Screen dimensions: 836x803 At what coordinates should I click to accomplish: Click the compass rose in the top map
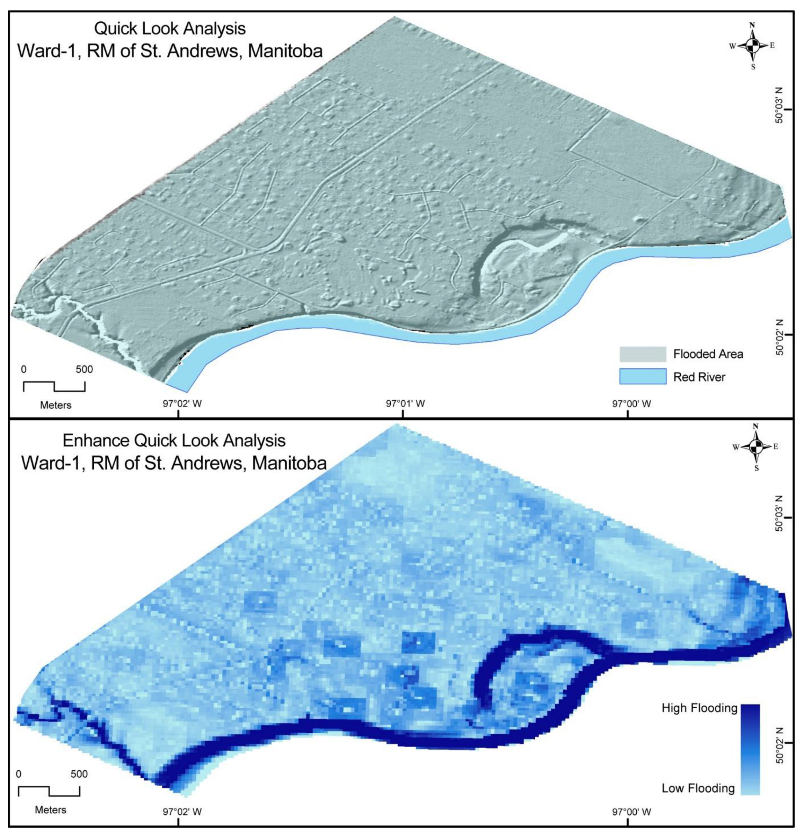pos(753,46)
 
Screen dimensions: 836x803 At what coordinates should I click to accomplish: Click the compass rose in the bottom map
pos(755,446)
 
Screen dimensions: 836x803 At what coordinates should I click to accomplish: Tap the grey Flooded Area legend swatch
pos(643,354)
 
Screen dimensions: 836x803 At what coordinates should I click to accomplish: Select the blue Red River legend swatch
pos(643,377)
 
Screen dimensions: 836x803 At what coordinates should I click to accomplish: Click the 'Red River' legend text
pos(699,377)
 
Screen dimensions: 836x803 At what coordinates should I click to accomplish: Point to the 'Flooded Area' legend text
pos(708,354)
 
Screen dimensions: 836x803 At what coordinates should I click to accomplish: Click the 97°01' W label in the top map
pos(405,404)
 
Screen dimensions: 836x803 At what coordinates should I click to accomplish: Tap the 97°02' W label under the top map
pos(182,404)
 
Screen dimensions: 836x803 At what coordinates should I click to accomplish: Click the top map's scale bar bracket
pos(54,386)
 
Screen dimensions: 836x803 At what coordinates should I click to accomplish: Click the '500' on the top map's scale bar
pos(84,369)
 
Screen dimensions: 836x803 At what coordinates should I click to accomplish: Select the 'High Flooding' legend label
pos(699,708)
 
